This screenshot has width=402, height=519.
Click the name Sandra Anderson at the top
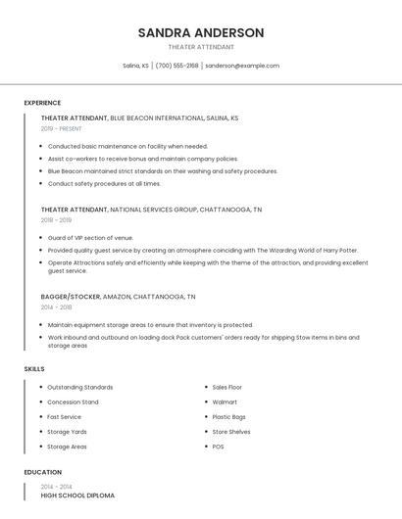pyautogui.click(x=201, y=32)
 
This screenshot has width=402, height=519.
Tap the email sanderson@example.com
pyautogui.click(x=242, y=66)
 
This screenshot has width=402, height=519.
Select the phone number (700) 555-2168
pyautogui.click(x=176, y=66)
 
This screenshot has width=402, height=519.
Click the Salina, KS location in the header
pyautogui.click(x=135, y=66)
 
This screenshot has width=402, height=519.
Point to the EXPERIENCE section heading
pyautogui.click(x=42, y=103)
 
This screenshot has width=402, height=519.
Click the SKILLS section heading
pyautogui.click(x=33, y=368)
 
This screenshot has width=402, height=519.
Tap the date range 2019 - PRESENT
pyautogui.click(x=61, y=128)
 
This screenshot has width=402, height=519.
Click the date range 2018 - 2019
pyautogui.click(x=56, y=220)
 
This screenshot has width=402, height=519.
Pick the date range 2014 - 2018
pyautogui.click(x=56, y=307)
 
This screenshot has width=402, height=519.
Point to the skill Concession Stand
pyautogui.click(x=73, y=401)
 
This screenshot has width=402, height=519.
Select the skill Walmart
pyautogui.click(x=225, y=401)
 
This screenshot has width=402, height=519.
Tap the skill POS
pyautogui.click(x=218, y=447)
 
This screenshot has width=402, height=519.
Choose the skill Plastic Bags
pyautogui.click(x=228, y=416)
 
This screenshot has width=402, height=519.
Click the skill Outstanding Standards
pyautogui.click(x=79, y=387)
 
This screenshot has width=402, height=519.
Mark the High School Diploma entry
pyautogui.click(x=77, y=495)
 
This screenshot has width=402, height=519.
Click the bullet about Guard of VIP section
pyautogui.click(x=90, y=238)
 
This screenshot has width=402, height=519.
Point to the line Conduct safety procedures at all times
pyautogui.click(x=104, y=183)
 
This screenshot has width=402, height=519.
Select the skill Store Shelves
pyautogui.click(x=231, y=431)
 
